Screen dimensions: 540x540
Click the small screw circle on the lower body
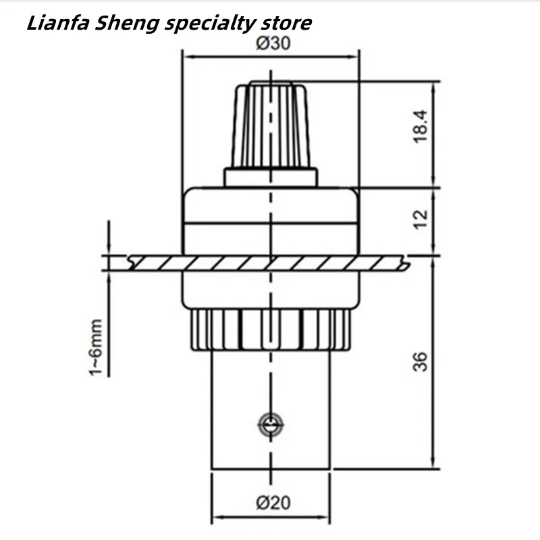tap(271, 424)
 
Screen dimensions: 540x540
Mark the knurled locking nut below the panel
tap(270, 330)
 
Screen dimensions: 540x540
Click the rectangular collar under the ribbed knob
tap(270, 177)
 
